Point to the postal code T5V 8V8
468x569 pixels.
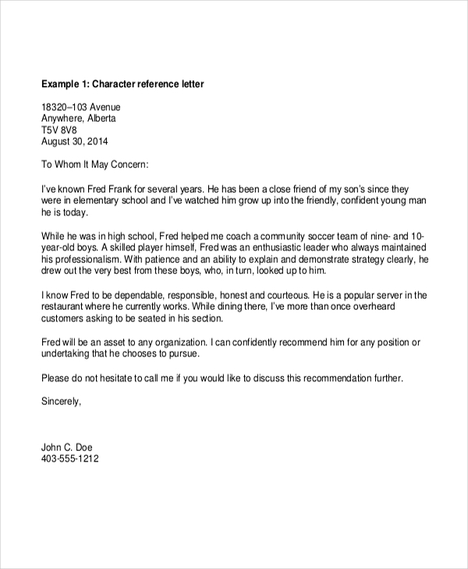(x=61, y=130)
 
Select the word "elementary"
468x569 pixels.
(x=99, y=201)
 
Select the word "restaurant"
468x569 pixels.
(x=65, y=308)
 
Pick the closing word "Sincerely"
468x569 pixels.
(x=60, y=403)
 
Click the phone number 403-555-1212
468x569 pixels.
(x=69, y=460)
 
